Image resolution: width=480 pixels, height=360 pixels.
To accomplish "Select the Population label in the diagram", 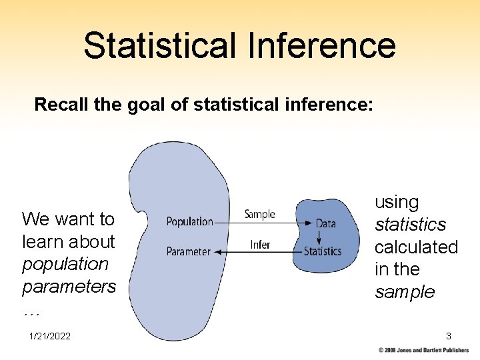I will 189,221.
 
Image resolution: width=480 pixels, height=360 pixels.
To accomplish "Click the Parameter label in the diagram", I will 188,251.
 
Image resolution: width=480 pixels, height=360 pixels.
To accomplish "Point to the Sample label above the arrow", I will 259,214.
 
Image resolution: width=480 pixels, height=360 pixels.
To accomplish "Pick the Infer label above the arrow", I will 260,245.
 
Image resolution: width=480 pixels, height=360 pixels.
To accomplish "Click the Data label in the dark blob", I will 325,223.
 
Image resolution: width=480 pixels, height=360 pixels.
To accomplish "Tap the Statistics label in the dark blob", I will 323,251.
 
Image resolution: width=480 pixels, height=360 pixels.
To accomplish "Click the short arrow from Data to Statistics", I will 319,237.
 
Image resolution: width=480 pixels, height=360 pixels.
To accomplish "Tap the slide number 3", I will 449,337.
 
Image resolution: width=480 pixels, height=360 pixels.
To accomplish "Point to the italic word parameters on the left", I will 69,287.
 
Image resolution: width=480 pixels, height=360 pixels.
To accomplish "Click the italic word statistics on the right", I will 410,225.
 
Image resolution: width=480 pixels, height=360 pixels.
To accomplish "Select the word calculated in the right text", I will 416,247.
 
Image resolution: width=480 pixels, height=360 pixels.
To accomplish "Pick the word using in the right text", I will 397,202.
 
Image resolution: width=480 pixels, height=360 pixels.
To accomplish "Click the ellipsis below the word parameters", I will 30,310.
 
